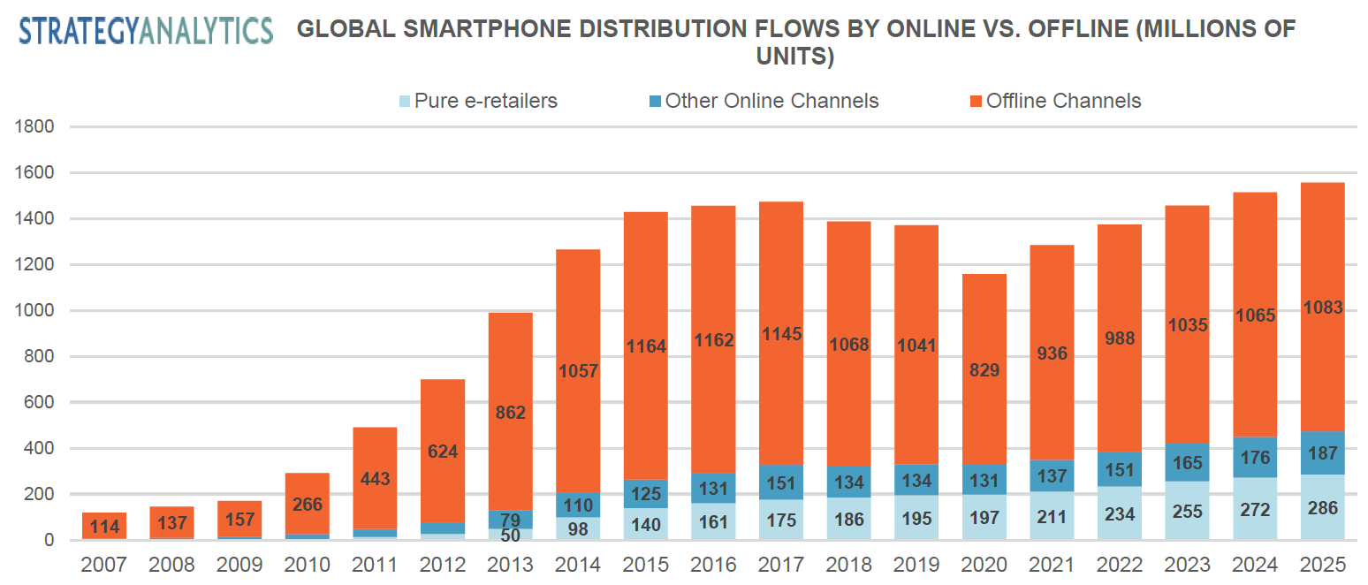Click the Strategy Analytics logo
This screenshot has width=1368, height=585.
tap(146, 30)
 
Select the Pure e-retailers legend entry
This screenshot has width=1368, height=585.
tap(478, 101)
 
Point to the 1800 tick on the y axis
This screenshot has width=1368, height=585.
tap(35, 126)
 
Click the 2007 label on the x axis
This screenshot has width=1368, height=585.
tap(103, 565)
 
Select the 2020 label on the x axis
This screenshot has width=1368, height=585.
tap(984, 565)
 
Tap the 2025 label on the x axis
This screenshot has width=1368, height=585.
tap(1322, 565)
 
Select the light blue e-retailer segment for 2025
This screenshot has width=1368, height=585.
tap(1322, 507)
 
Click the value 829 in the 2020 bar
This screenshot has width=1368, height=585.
tap(984, 370)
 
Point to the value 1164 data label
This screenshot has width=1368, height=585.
tap(646, 346)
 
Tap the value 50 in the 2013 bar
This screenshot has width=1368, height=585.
tap(510, 534)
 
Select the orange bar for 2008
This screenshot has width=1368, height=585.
tap(171, 522)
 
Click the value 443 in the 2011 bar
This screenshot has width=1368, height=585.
tap(375, 479)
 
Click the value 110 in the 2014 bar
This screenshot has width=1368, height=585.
tap(578, 505)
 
